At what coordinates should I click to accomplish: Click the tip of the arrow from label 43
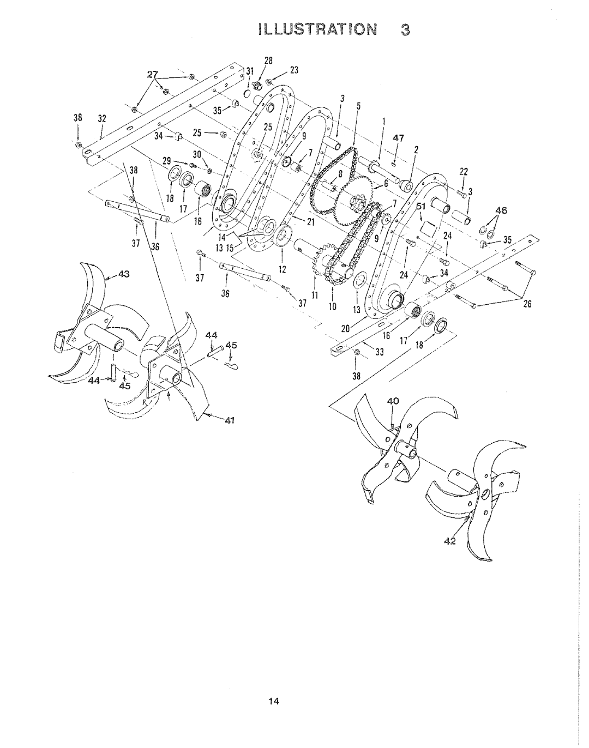point(105,278)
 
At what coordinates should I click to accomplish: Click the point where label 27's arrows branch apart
point(155,80)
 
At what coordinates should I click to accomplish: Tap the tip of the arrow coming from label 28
point(259,81)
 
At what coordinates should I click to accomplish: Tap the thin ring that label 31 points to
point(247,94)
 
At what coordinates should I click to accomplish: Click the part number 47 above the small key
point(398,138)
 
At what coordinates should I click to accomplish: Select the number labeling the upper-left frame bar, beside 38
point(102,118)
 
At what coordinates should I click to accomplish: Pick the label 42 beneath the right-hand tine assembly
point(450,541)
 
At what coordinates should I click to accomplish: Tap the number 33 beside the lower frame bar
point(380,352)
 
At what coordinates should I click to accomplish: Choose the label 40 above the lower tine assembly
point(393,401)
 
